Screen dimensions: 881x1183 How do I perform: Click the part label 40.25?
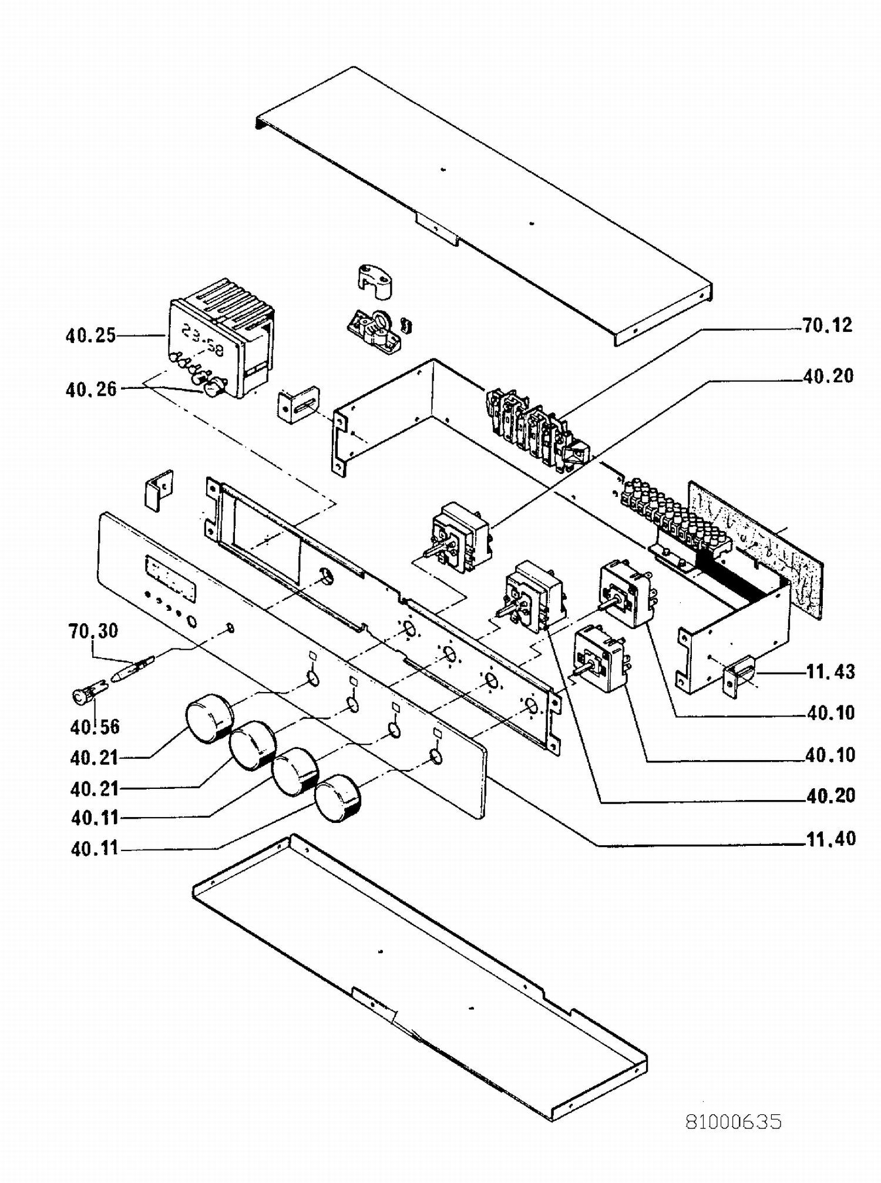(x=90, y=335)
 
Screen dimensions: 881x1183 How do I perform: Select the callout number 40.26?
(x=91, y=389)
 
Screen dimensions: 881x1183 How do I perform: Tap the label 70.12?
(x=827, y=325)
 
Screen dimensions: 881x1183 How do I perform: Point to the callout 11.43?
(x=830, y=671)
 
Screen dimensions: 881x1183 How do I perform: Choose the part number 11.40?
(x=830, y=839)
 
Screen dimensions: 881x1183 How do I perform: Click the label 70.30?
(x=93, y=631)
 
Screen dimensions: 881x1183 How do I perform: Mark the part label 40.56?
(x=95, y=727)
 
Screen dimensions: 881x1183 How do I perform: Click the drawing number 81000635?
(x=734, y=1122)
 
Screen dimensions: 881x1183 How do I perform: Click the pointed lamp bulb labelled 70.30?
(x=132, y=669)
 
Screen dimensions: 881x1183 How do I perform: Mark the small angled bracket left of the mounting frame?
(x=159, y=490)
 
